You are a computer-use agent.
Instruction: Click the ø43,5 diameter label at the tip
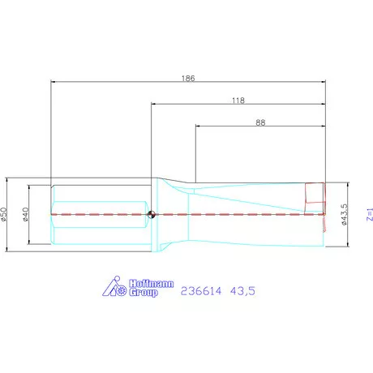[345, 215]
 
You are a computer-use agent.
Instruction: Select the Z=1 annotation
[368, 215]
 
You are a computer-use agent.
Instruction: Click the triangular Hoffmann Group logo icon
[116, 287]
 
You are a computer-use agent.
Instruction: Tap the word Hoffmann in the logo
[150, 283]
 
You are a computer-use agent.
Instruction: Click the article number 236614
[202, 289]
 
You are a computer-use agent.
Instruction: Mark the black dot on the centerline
[152, 215]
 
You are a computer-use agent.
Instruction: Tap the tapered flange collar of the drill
[172, 214]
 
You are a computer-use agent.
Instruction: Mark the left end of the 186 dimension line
[51, 81]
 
